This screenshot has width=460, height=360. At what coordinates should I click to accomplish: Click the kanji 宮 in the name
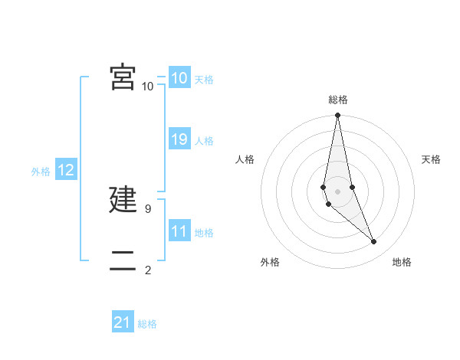(x=123, y=77)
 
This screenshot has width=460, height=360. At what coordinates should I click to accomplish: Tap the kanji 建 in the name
(x=123, y=199)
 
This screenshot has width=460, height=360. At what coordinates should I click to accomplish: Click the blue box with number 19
(x=179, y=139)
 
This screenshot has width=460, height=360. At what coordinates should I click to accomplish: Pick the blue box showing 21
(x=123, y=322)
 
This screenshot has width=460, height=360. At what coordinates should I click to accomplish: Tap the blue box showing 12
(x=66, y=170)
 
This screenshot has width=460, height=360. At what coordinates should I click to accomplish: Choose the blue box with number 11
(x=179, y=231)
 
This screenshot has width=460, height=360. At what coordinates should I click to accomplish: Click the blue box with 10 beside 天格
(x=179, y=78)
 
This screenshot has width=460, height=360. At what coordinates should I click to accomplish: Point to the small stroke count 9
(x=147, y=208)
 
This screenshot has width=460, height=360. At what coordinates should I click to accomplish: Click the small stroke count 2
(x=147, y=270)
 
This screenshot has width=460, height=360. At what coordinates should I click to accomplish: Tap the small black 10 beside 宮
(x=147, y=86)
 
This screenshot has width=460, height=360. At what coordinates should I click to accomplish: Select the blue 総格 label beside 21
(x=147, y=324)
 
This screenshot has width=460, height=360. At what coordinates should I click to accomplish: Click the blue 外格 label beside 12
(x=41, y=172)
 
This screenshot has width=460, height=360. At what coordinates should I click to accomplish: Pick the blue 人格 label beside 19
(x=204, y=141)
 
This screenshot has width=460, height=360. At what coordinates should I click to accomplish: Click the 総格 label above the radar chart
(x=337, y=100)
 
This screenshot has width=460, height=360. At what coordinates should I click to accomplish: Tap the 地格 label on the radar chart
(x=402, y=262)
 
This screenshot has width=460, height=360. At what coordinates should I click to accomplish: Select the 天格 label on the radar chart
(x=431, y=159)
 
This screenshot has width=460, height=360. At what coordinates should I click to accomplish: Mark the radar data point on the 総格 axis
(x=337, y=116)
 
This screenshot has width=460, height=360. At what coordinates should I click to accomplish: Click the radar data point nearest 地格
(x=374, y=242)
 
